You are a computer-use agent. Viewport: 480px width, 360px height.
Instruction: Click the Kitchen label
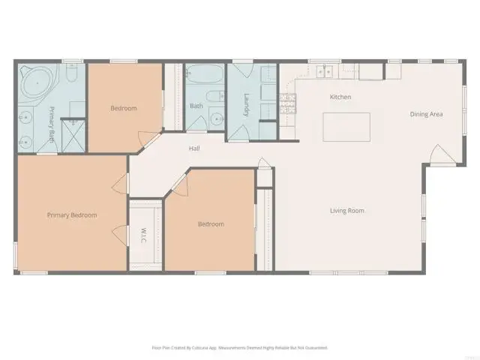[340, 97]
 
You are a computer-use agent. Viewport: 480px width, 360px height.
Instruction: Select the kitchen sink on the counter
[325, 72]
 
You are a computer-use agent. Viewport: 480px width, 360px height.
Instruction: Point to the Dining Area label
[426, 114]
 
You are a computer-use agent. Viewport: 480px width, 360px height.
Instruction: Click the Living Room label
[346, 211]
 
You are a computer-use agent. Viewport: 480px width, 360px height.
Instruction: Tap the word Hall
[194, 148]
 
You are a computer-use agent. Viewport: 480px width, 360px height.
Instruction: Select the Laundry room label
[247, 104]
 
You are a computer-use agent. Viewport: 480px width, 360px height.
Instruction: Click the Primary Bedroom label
[72, 215]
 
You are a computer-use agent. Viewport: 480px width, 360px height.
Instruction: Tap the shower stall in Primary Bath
[73, 137]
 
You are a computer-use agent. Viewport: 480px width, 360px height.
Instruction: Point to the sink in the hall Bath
[216, 119]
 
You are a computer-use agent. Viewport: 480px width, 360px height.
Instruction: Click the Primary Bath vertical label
[52, 124]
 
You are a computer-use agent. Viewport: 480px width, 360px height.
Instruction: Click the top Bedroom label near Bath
[124, 108]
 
